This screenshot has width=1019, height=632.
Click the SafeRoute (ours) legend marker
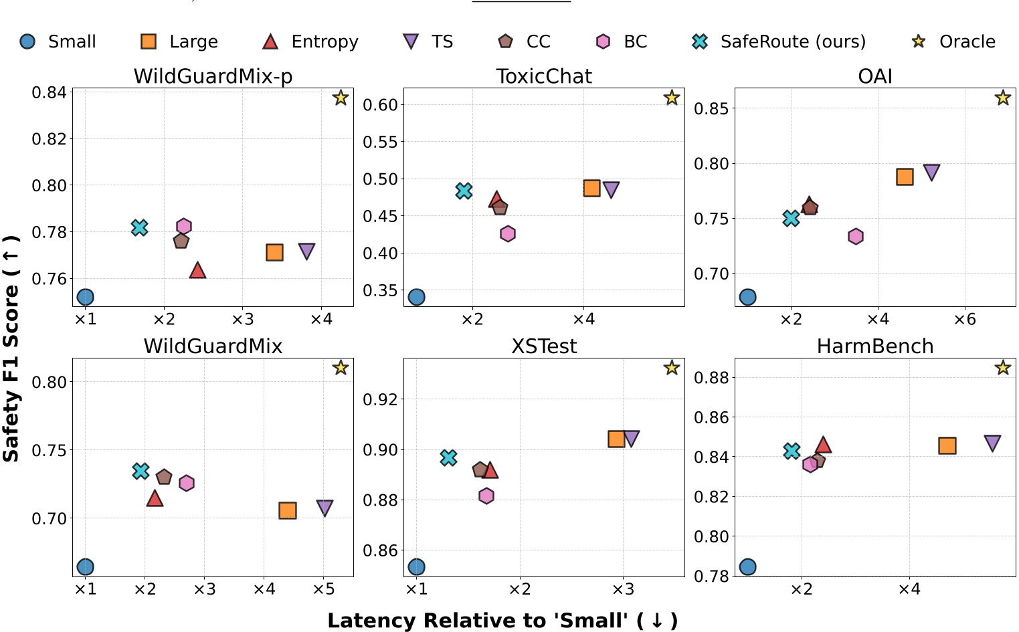699,41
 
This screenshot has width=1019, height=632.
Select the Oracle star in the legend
919,41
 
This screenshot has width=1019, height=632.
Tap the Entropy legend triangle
270,41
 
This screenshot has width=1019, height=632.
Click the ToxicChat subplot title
544,77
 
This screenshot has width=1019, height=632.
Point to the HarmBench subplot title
874,346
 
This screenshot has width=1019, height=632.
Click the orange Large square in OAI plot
905,177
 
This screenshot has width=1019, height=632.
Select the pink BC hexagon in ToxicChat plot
508,233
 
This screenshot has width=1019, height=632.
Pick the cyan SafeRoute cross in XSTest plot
448,457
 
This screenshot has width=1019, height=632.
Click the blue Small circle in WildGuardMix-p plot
85,297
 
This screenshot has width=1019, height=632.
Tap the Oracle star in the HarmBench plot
1002,367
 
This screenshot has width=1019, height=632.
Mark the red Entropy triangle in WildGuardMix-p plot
197,270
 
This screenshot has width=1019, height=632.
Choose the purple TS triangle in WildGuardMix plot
325,508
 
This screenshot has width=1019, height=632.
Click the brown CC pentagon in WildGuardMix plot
164,477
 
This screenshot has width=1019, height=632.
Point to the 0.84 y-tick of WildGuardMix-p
50,92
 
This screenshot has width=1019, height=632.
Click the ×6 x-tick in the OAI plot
964,320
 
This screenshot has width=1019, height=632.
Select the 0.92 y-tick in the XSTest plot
380,400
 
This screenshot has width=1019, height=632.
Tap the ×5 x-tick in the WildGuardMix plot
323,589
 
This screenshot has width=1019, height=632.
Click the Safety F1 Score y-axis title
11,348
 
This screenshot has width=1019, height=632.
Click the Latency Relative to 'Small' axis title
502,621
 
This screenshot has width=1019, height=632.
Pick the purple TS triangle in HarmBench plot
992,443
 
